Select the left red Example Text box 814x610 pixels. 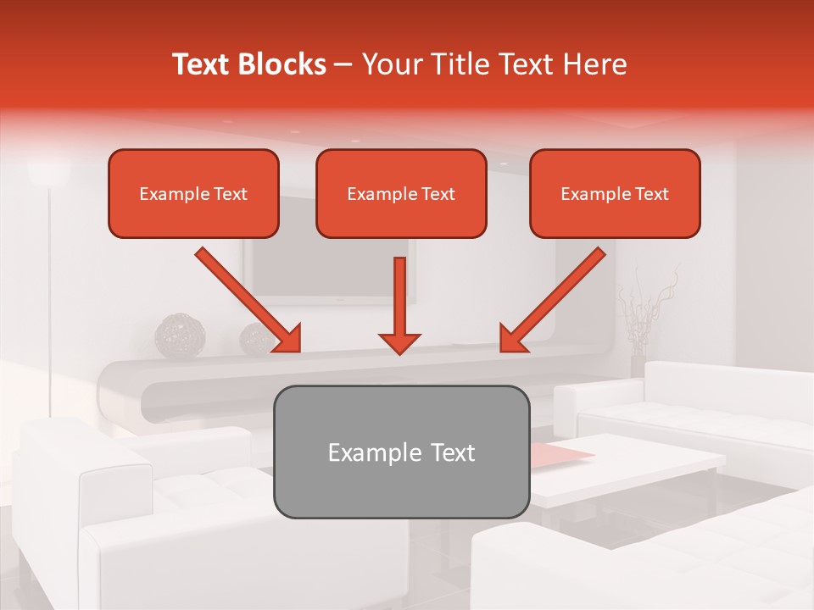[x=193, y=193]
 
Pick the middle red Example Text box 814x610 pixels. [x=401, y=193]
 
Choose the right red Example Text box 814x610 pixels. [x=615, y=193]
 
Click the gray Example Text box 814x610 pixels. [x=401, y=452]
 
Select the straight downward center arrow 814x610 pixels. [x=399, y=305]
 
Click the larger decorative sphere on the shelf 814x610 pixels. [x=180, y=336]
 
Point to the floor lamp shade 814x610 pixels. [x=48, y=171]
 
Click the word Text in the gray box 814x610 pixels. [x=453, y=452]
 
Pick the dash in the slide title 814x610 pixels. [x=343, y=64]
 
